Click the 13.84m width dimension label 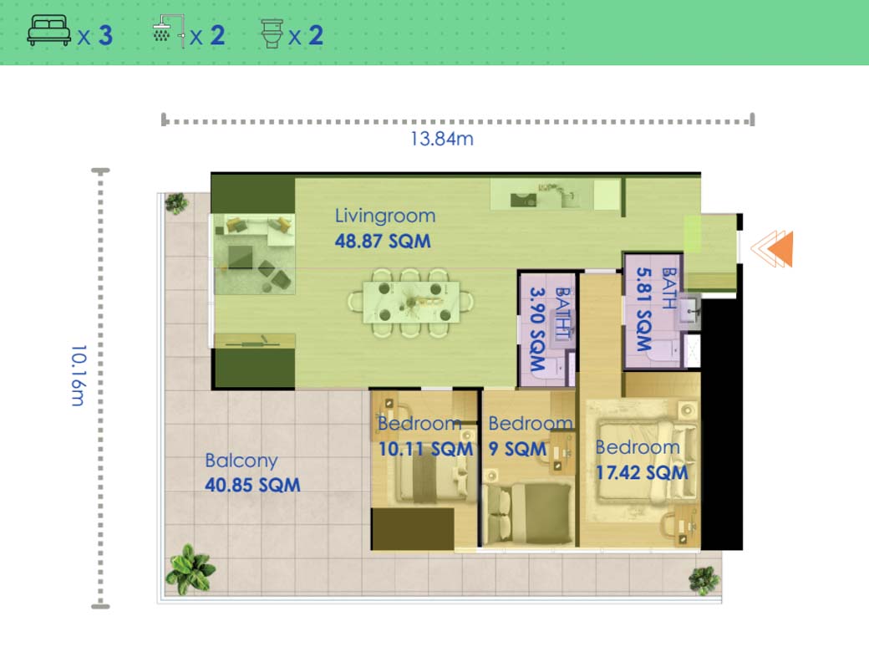(x=441, y=139)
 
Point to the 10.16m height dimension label (x=77, y=375)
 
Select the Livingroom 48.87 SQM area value (x=383, y=242)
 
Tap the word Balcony (x=241, y=461)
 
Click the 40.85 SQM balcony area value (x=252, y=485)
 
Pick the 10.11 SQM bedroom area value (x=425, y=449)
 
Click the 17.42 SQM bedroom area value (x=642, y=472)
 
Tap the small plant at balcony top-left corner (x=175, y=203)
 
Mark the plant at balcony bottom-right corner (x=704, y=579)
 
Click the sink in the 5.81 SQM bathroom (x=690, y=311)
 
